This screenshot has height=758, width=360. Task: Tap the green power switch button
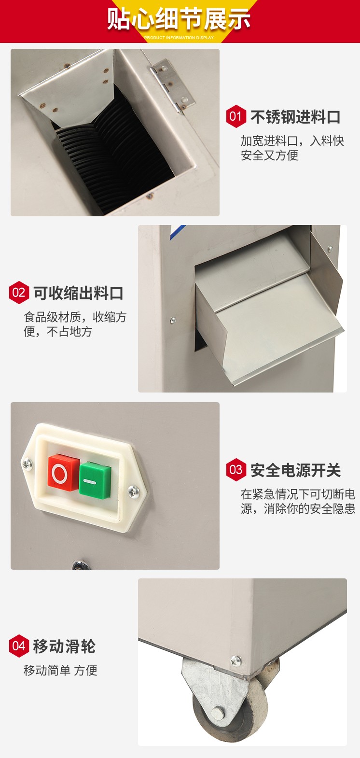pyautogui.click(x=95, y=481)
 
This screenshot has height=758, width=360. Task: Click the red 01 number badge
pyautogui.click(x=235, y=116)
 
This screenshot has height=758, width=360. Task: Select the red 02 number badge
pyautogui.click(x=19, y=293)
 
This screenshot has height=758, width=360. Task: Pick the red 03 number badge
pyautogui.click(x=235, y=470)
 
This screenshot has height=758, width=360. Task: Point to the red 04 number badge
pyautogui.click(x=19, y=646)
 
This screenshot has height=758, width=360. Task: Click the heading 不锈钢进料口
pyautogui.click(x=295, y=117)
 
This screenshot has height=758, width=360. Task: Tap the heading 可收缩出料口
pyautogui.click(x=78, y=293)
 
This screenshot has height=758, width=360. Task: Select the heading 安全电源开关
pyautogui.click(x=295, y=470)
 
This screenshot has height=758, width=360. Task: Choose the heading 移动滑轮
pyautogui.click(x=64, y=646)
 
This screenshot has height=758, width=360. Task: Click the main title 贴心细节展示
pyautogui.click(x=179, y=19)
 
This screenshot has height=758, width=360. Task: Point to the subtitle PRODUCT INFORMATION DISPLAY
pyautogui.click(x=179, y=38)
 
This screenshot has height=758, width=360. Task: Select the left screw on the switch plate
pyautogui.click(x=27, y=464)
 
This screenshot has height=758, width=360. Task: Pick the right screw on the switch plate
pyautogui.click(x=133, y=491)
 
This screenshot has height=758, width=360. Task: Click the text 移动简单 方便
pyautogui.click(x=60, y=671)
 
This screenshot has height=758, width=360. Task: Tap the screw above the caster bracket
pyautogui.click(x=235, y=660)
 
